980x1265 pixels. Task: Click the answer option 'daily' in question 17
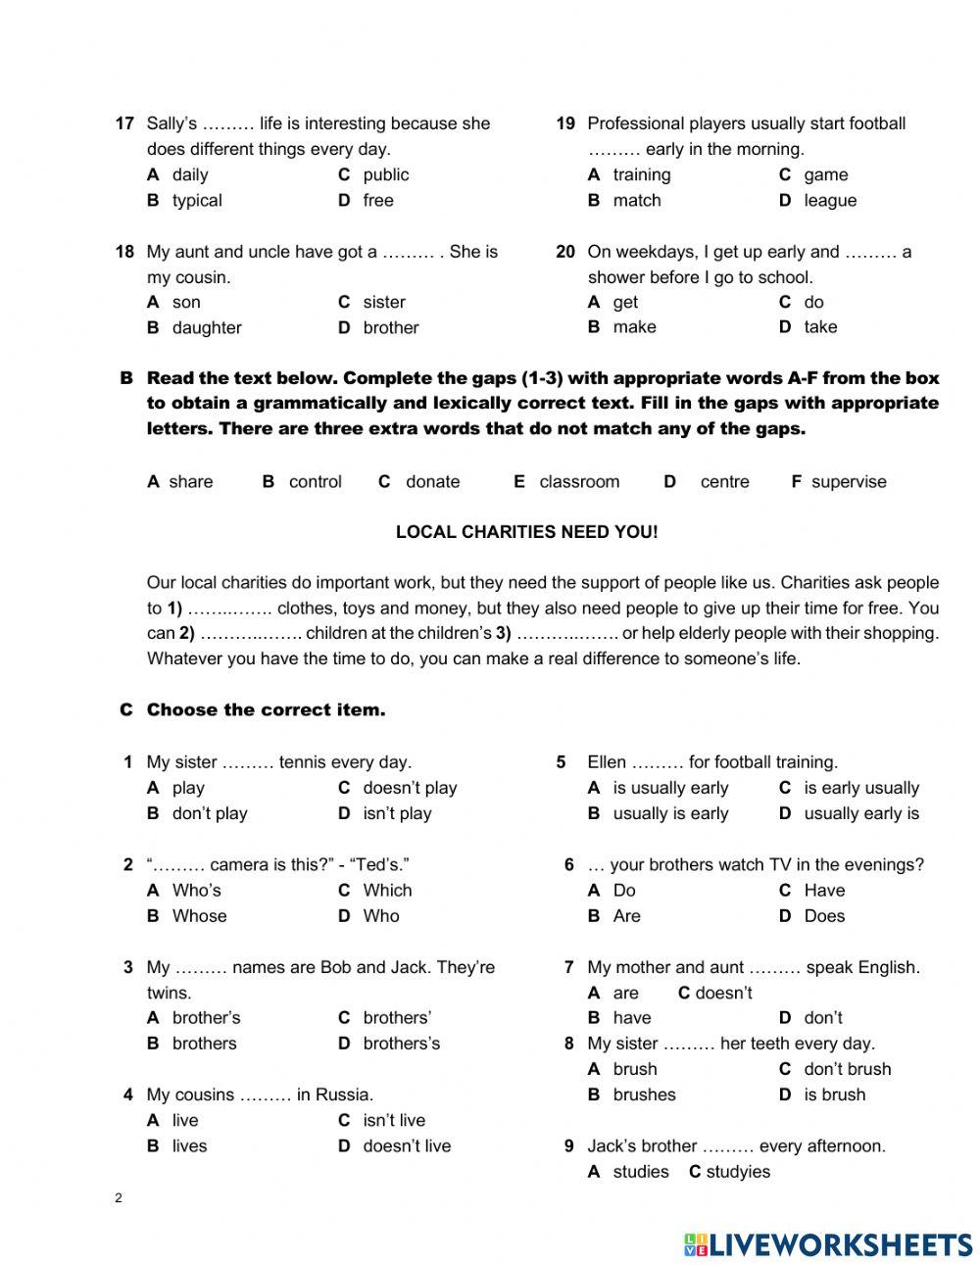tap(189, 175)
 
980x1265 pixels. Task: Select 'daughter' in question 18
tap(206, 328)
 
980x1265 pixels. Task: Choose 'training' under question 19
tap(641, 175)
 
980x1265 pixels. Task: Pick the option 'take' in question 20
tap(820, 327)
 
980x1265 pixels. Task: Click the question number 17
tap(124, 123)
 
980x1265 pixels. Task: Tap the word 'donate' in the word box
tap(432, 482)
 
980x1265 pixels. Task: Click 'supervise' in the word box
tap(848, 482)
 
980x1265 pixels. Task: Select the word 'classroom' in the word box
tap(579, 482)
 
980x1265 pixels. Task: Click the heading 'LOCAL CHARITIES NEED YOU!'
tap(526, 532)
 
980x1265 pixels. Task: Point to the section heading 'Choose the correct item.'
tap(266, 710)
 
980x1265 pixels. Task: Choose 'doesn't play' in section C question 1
tap(410, 788)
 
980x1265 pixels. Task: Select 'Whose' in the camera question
tap(199, 916)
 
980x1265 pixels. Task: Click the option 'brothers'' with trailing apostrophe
tap(397, 1018)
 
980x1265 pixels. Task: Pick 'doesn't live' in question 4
tap(407, 1146)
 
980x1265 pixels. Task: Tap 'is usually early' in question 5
tap(670, 788)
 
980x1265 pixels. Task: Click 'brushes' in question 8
tap(644, 1095)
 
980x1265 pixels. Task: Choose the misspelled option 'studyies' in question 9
tap(738, 1172)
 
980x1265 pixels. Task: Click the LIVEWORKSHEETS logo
tap(828, 1244)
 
